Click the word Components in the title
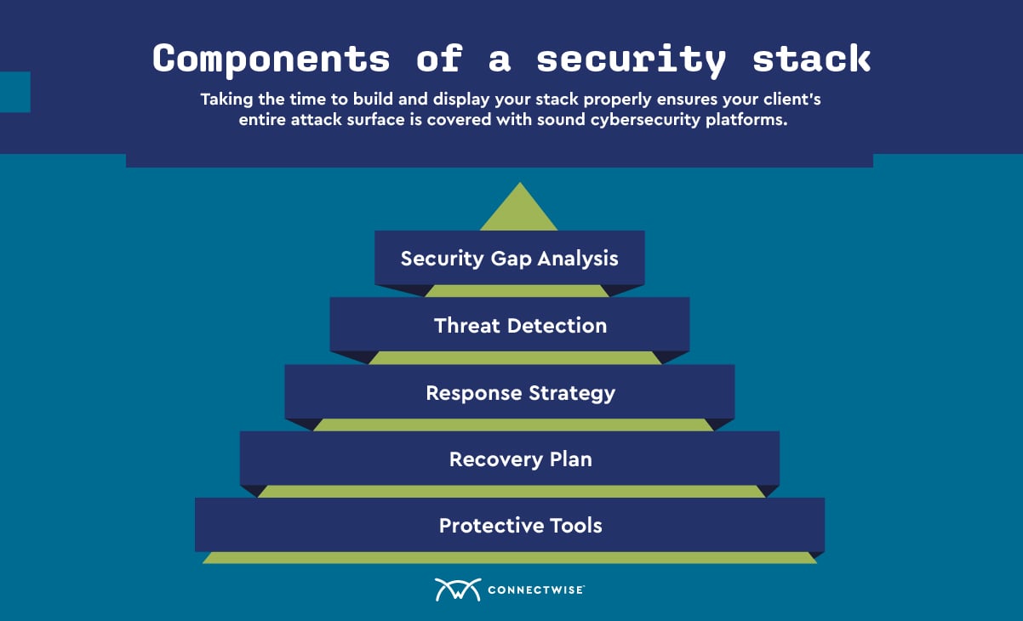tap(271, 59)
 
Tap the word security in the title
tap(631, 60)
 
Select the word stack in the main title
tap(812, 59)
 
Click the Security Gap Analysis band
tap(510, 258)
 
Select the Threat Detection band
tap(510, 325)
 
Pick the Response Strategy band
tap(510, 392)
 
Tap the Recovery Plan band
tap(510, 459)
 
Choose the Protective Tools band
tap(510, 525)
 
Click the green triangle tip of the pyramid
tap(519, 184)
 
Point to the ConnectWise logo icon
tap(458, 590)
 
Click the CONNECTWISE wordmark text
tap(536, 590)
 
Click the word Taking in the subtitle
tap(226, 100)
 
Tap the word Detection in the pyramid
tap(557, 326)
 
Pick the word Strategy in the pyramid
tap(572, 394)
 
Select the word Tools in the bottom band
tap(576, 526)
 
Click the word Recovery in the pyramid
tap(496, 460)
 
